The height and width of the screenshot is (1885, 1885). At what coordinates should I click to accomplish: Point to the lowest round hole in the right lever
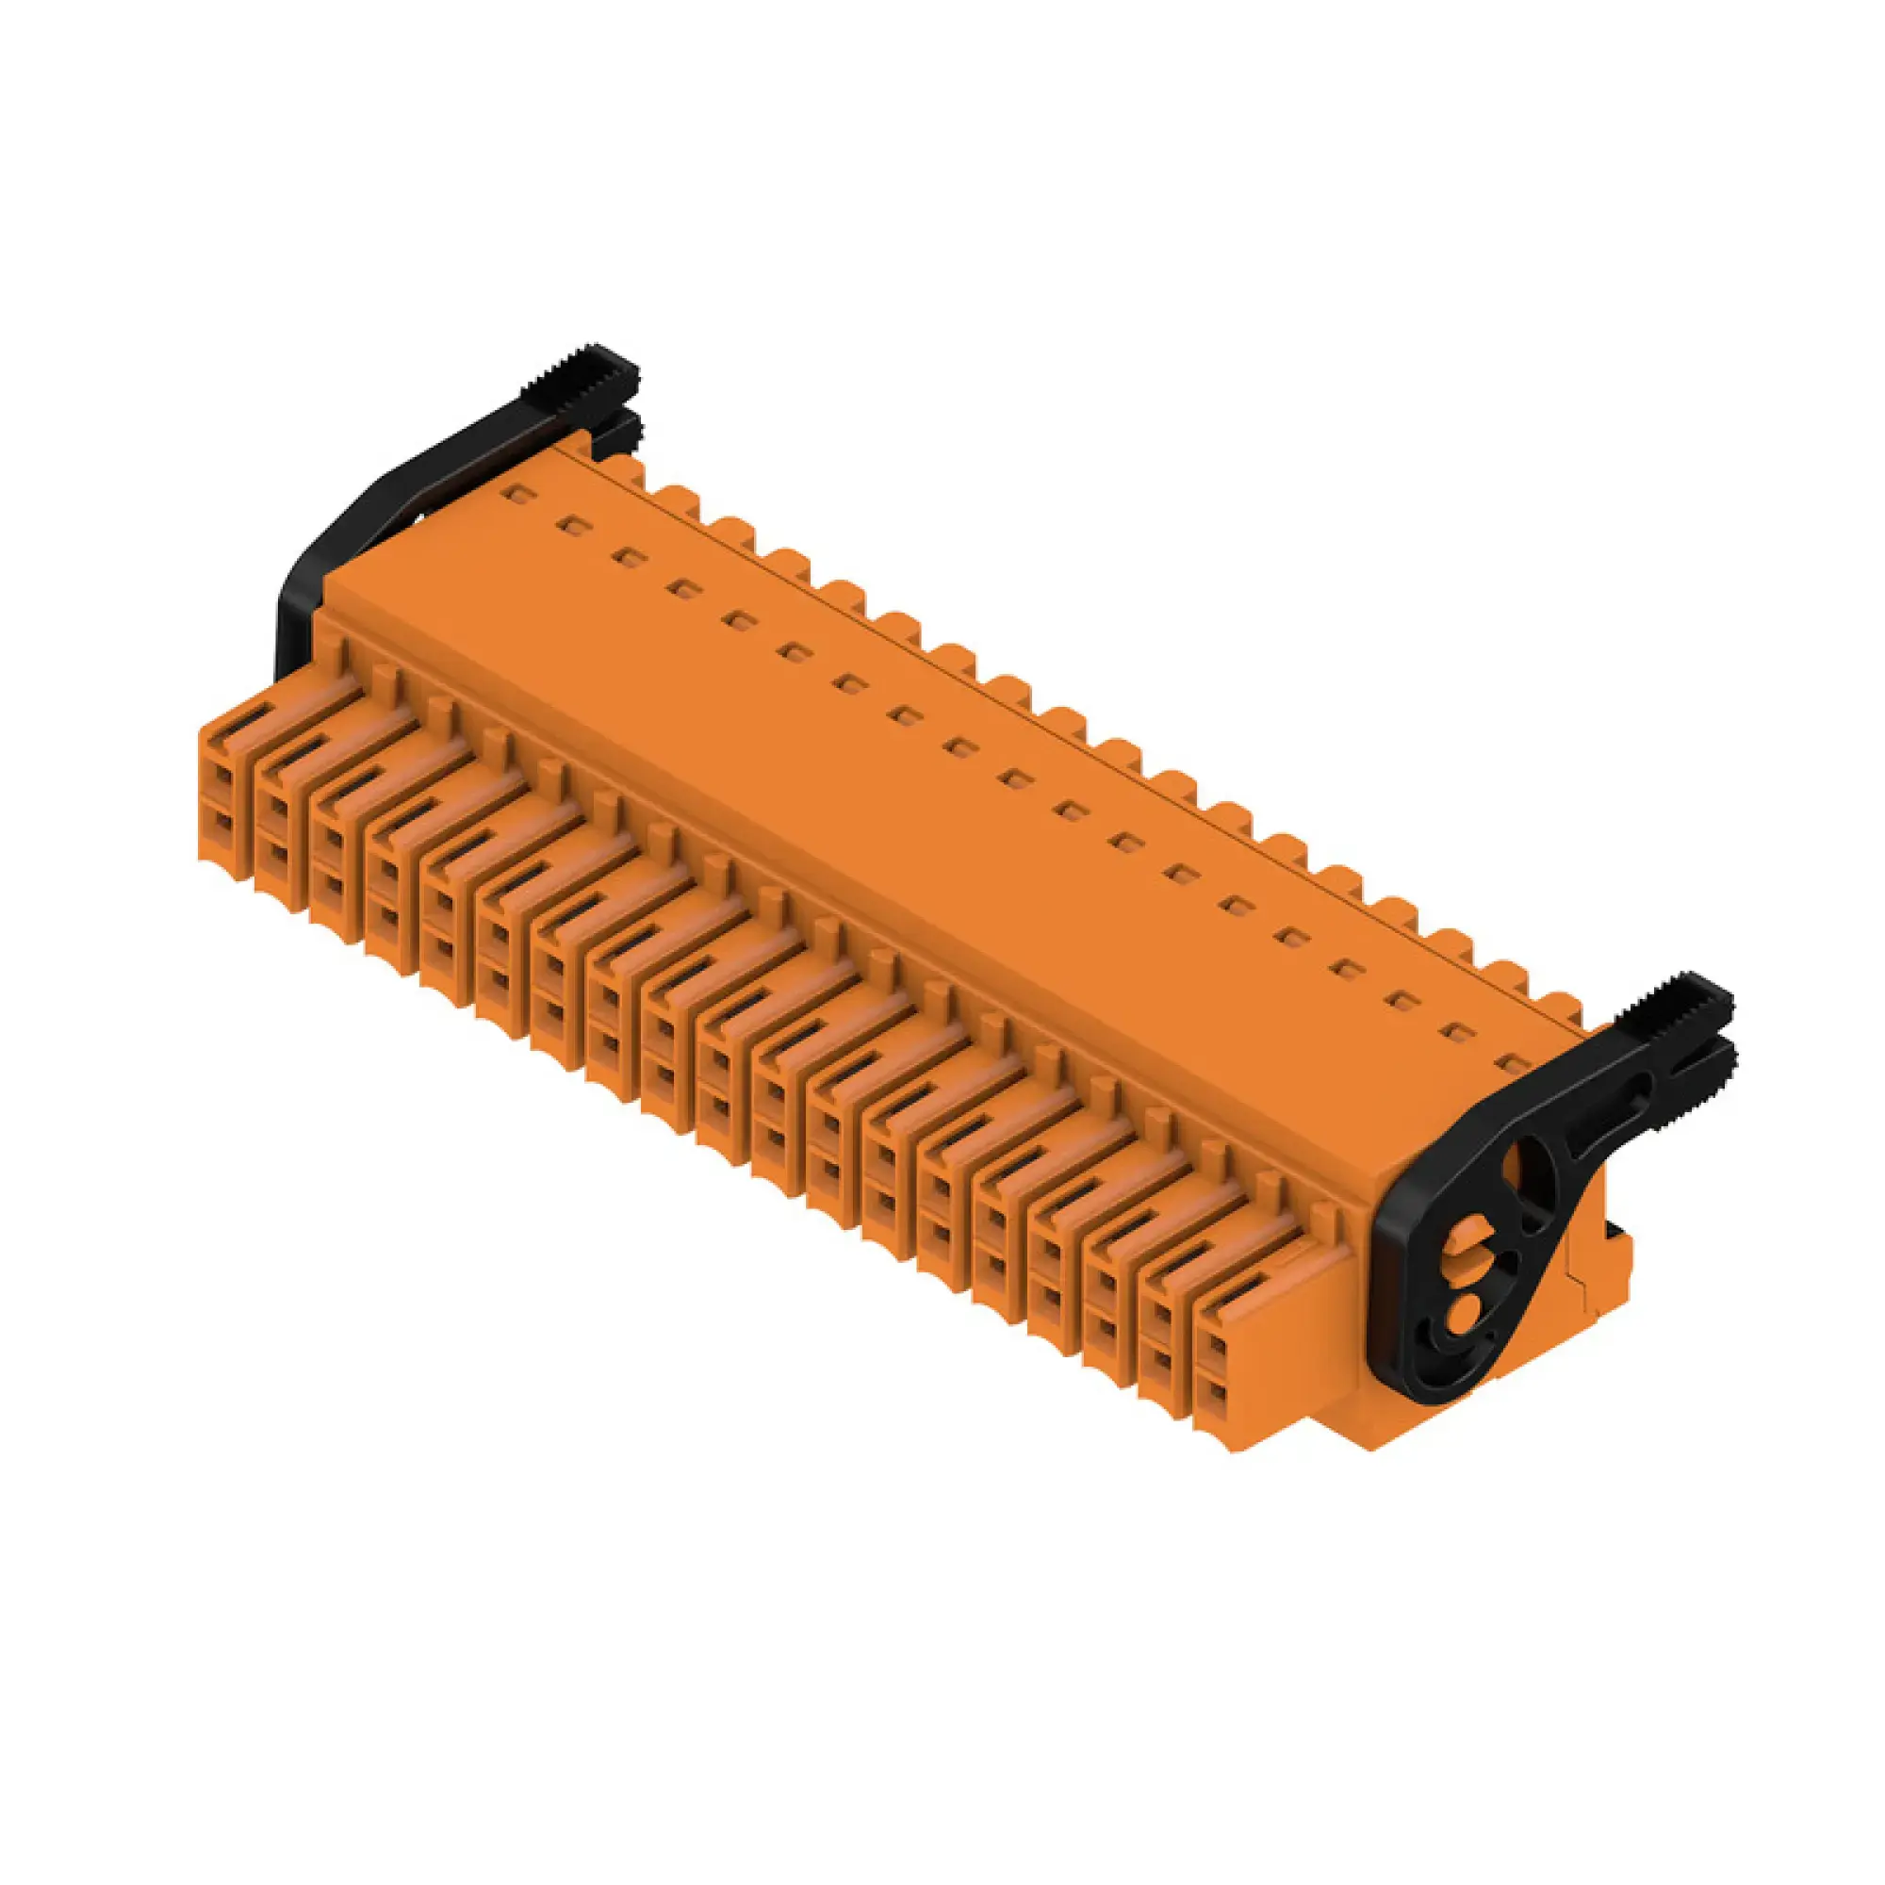click(x=1467, y=1304)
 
